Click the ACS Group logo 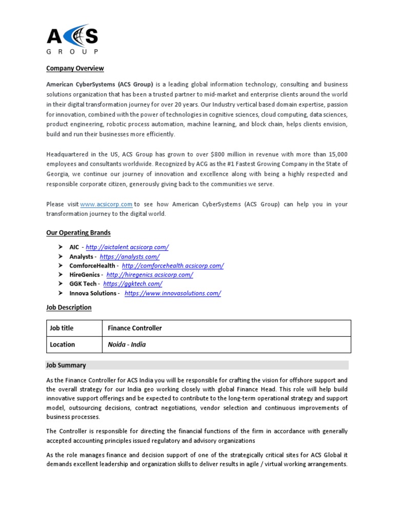pos(72,38)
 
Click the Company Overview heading pos(75,68)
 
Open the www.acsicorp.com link pos(107,204)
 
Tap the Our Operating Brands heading pos(78,232)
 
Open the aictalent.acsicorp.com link pos(127,247)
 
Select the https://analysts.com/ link pos(129,256)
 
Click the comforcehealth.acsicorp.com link pos(173,266)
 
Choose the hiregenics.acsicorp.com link pos(150,275)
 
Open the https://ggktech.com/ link pos(133,284)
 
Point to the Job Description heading pos(69,307)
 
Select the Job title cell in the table pos(61,328)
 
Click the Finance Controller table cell pos(135,328)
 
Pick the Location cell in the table pos(62,345)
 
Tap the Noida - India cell pos(127,345)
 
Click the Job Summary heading pos(66,366)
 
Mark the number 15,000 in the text pos(337,154)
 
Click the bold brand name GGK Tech pos(83,284)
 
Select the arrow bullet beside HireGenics pos(60,275)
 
